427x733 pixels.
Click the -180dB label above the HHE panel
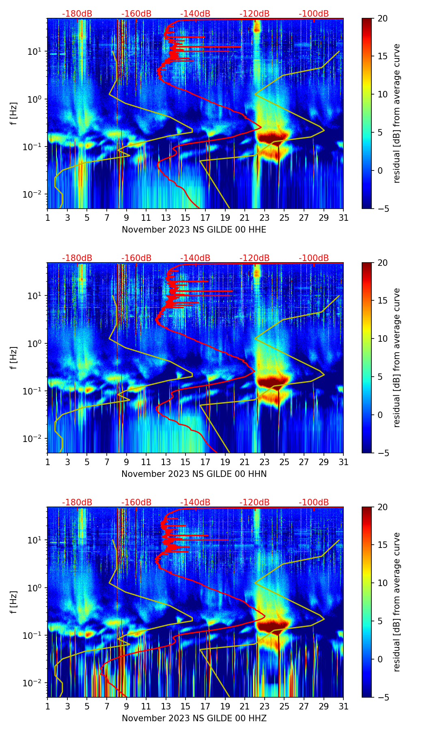coord(77,14)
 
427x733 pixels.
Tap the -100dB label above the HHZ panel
coord(314,502)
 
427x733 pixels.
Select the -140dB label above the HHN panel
coord(195,258)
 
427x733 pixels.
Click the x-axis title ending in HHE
coord(194,230)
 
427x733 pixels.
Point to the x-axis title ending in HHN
coord(194,474)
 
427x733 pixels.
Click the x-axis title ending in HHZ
coord(194,718)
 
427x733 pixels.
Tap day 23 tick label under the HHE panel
coord(265,218)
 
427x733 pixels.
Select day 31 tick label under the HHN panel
coord(343,462)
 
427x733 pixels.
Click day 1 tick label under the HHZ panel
coord(48,707)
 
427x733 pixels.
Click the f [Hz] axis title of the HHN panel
coord(14,358)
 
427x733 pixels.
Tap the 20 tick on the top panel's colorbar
coord(383,19)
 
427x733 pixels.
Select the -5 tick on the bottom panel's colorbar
coord(382,697)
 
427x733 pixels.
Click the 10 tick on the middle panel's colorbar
coord(383,338)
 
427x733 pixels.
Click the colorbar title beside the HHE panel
coord(397,113)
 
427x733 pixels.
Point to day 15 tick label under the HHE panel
coord(185,218)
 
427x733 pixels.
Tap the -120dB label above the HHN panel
coord(254,258)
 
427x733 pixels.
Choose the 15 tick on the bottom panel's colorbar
coord(383,545)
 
